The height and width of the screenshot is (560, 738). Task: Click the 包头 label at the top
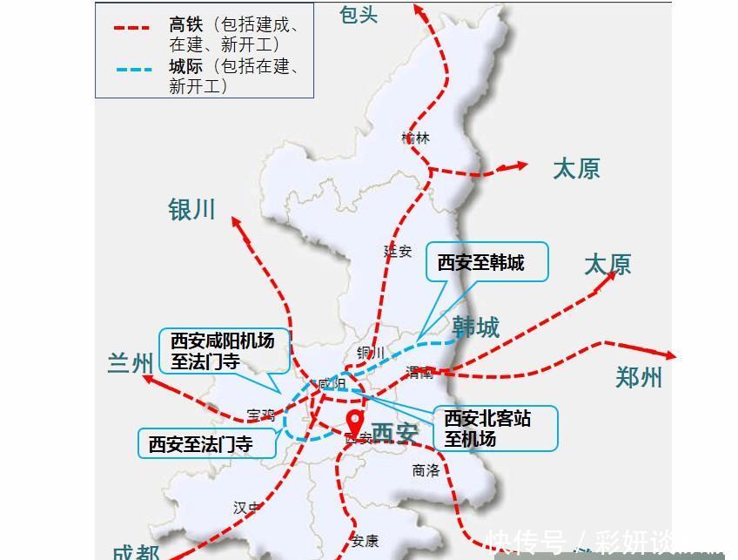pyautogui.click(x=359, y=14)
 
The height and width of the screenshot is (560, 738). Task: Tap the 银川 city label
pyautogui.click(x=191, y=210)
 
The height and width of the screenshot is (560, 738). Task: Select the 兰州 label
pyautogui.click(x=131, y=362)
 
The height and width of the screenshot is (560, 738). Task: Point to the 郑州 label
pyautogui.click(x=639, y=377)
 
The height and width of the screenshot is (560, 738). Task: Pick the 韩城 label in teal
pyautogui.click(x=476, y=327)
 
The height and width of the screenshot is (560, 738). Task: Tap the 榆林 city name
pyautogui.click(x=416, y=138)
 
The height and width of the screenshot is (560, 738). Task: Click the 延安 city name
pyautogui.click(x=398, y=251)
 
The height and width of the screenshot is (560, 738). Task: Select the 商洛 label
pyautogui.click(x=426, y=470)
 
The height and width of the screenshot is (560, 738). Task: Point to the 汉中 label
pyautogui.click(x=247, y=508)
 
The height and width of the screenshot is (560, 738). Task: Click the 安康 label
pyautogui.click(x=366, y=541)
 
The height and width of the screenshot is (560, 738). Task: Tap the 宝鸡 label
pyautogui.click(x=260, y=415)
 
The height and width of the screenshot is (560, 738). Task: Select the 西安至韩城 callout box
pyautogui.click(x=487, y=261)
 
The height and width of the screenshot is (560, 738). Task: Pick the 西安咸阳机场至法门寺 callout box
pyautogui.click(x=221, y=350)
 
